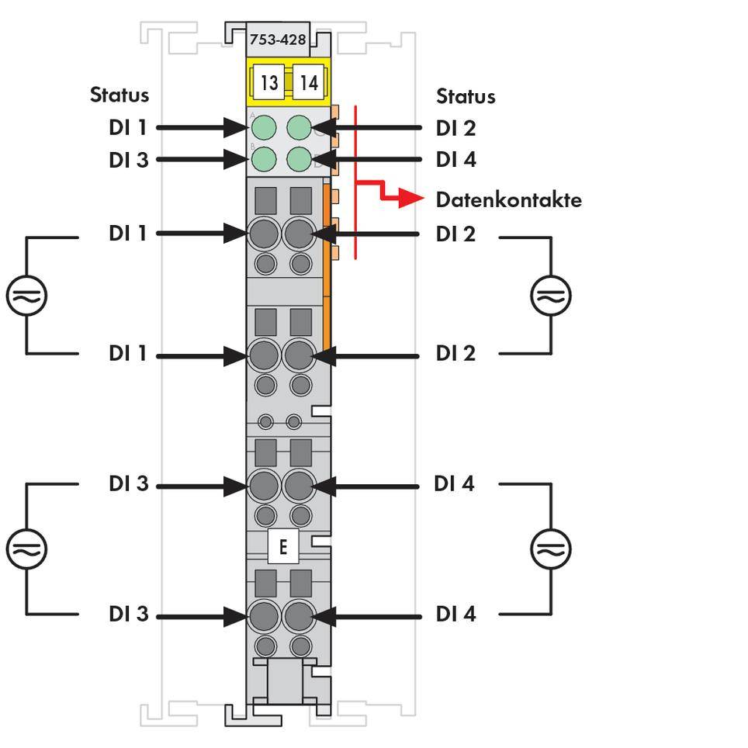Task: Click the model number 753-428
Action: [x=278, y=39]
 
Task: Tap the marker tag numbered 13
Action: [x=268, y=82]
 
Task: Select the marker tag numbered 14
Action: [x=309, y=82]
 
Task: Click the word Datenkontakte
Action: [x=508, y=200]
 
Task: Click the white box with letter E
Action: [x=282, y=547]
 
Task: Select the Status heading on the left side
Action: [x=119, y=95]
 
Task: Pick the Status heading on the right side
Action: [x=466, y=96]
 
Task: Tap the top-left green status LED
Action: [x=265, y=126]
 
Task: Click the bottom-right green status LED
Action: [x=299, y=159]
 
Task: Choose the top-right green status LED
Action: [x=299, y=126]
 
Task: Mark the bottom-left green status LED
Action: [x=265, y=159]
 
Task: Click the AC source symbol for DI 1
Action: [x=27, y=296]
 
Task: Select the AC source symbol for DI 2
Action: [x=551, y=296]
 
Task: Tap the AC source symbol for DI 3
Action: [x=27, y=549]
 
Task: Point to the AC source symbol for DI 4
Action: [x=551, y=549]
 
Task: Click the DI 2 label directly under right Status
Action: [x=455, y=128]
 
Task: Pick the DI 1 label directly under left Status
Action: [x=128, y=128]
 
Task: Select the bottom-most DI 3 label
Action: [x=128, y=614]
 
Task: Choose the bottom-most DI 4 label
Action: [x=455, y=614]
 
